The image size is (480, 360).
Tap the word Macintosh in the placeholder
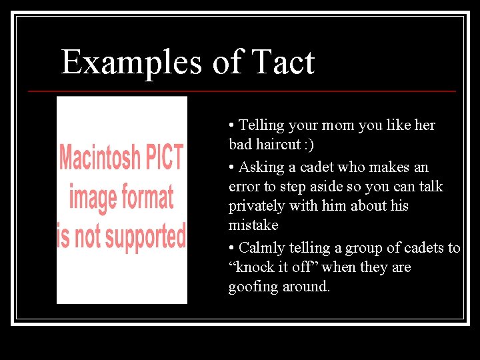[100, 158]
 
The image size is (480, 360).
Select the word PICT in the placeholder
[163, 158]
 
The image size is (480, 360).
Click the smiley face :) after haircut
[309, 145]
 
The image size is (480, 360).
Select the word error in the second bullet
[243, 187]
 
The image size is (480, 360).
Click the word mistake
[253, 225]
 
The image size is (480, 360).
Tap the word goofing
[252, 287]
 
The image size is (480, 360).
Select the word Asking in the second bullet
[261, 167]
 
